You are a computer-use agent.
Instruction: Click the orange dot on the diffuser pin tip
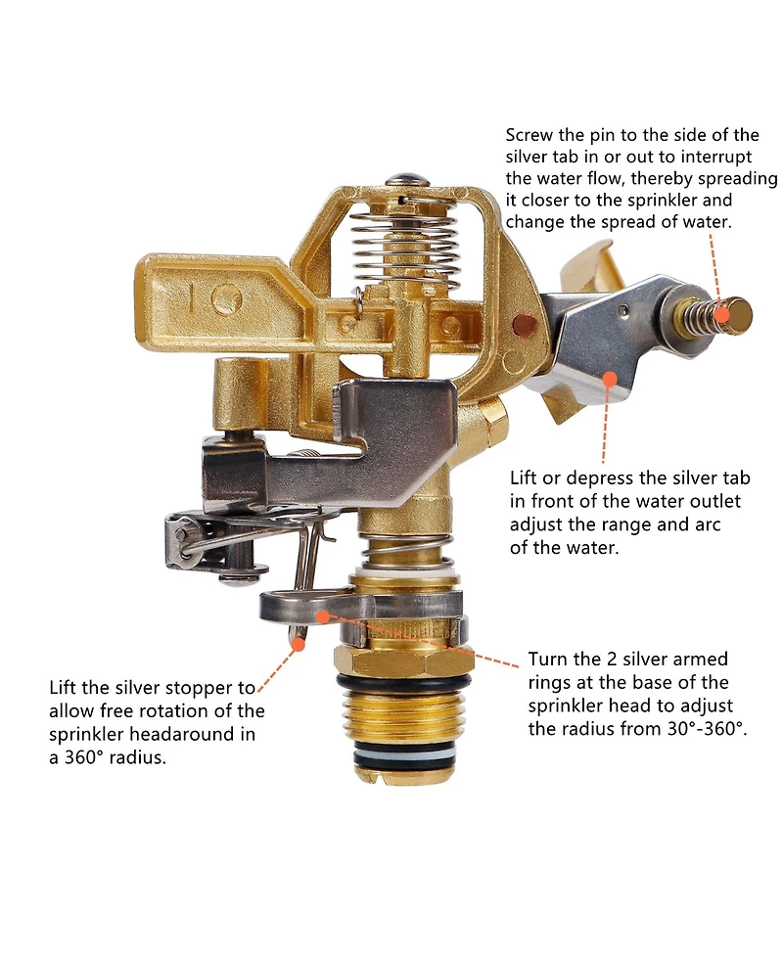(x=722, y=315)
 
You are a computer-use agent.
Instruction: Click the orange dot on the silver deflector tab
(x=609, y=379)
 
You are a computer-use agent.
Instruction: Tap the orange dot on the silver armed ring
(x=324, y=616)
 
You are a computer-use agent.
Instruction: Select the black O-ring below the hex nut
(x=405, y=683)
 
